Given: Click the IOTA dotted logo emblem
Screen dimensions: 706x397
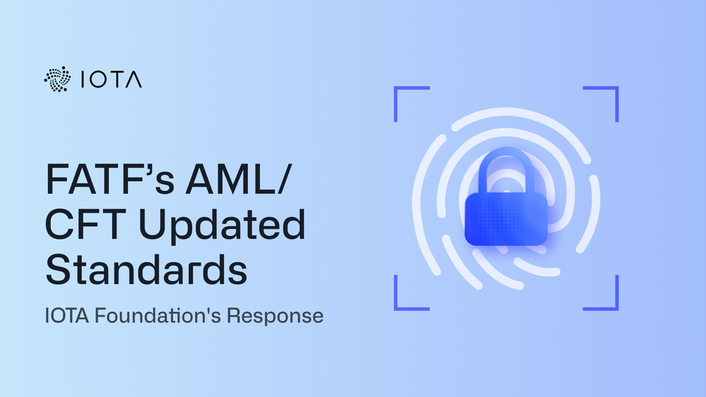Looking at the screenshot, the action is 58,79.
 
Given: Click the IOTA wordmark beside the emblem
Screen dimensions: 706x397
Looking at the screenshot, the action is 112,80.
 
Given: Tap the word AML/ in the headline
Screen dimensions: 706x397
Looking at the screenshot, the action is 239,178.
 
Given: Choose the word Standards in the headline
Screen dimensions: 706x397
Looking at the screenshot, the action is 146,269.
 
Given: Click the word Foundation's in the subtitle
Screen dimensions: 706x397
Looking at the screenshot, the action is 157,315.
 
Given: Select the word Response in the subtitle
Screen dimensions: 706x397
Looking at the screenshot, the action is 275,316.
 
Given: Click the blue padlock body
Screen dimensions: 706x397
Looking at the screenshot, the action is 506,219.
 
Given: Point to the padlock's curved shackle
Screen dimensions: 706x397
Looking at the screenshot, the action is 506,154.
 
